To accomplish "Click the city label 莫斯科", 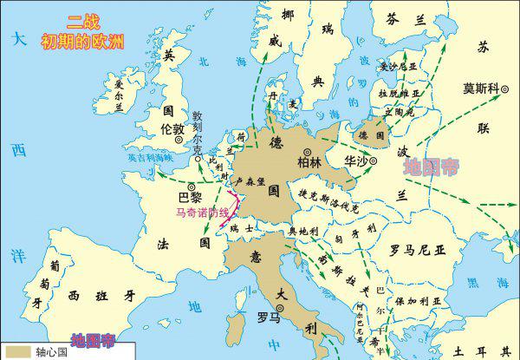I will (482, 88).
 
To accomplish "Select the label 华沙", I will (355, 161).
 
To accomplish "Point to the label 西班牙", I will (102, 295).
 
